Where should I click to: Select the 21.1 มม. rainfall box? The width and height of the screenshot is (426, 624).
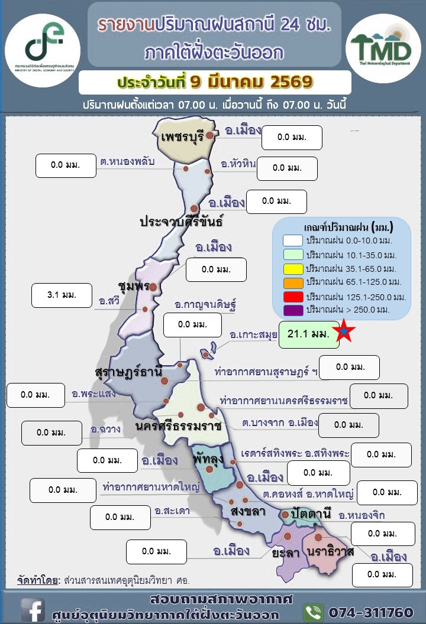point(308,334)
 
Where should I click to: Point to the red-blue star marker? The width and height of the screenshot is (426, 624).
point(344,333)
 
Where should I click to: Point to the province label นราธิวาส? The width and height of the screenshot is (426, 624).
point(330,552)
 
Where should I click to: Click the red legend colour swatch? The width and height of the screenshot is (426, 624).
point(293,295)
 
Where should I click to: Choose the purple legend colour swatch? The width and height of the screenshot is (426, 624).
point(293,309)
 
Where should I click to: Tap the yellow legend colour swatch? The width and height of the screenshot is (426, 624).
point(293,268)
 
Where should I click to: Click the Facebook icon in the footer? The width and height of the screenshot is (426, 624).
point(33,609)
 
